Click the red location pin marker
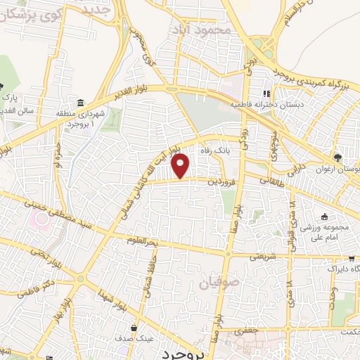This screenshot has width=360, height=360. point(181,165)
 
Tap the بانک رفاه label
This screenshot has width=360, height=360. point(212,150)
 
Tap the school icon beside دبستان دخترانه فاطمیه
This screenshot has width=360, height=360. point(266,94)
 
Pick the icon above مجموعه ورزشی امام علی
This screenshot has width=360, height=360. point(324,217)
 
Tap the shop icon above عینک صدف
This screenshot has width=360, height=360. point(134,328)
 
